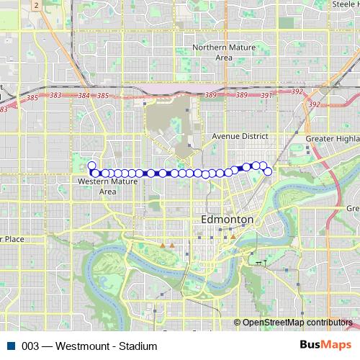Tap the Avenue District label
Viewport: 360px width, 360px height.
click(240, 136)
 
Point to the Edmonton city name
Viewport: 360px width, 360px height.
click(227, 219)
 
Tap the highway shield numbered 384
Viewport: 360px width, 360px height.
click(84, 96)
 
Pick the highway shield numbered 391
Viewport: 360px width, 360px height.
click(266, 96)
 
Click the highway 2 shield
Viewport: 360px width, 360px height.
click(35, 5)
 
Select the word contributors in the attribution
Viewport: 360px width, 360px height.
click(329, 323)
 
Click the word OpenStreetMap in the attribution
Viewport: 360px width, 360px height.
click(273, 323)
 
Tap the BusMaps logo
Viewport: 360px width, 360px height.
click(330, 345)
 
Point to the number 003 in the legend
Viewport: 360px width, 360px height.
click(30, 346)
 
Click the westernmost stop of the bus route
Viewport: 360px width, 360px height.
click(91, 166)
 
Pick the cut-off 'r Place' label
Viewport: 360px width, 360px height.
click(13, 238)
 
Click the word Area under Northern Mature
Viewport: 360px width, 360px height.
click(223, 58)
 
